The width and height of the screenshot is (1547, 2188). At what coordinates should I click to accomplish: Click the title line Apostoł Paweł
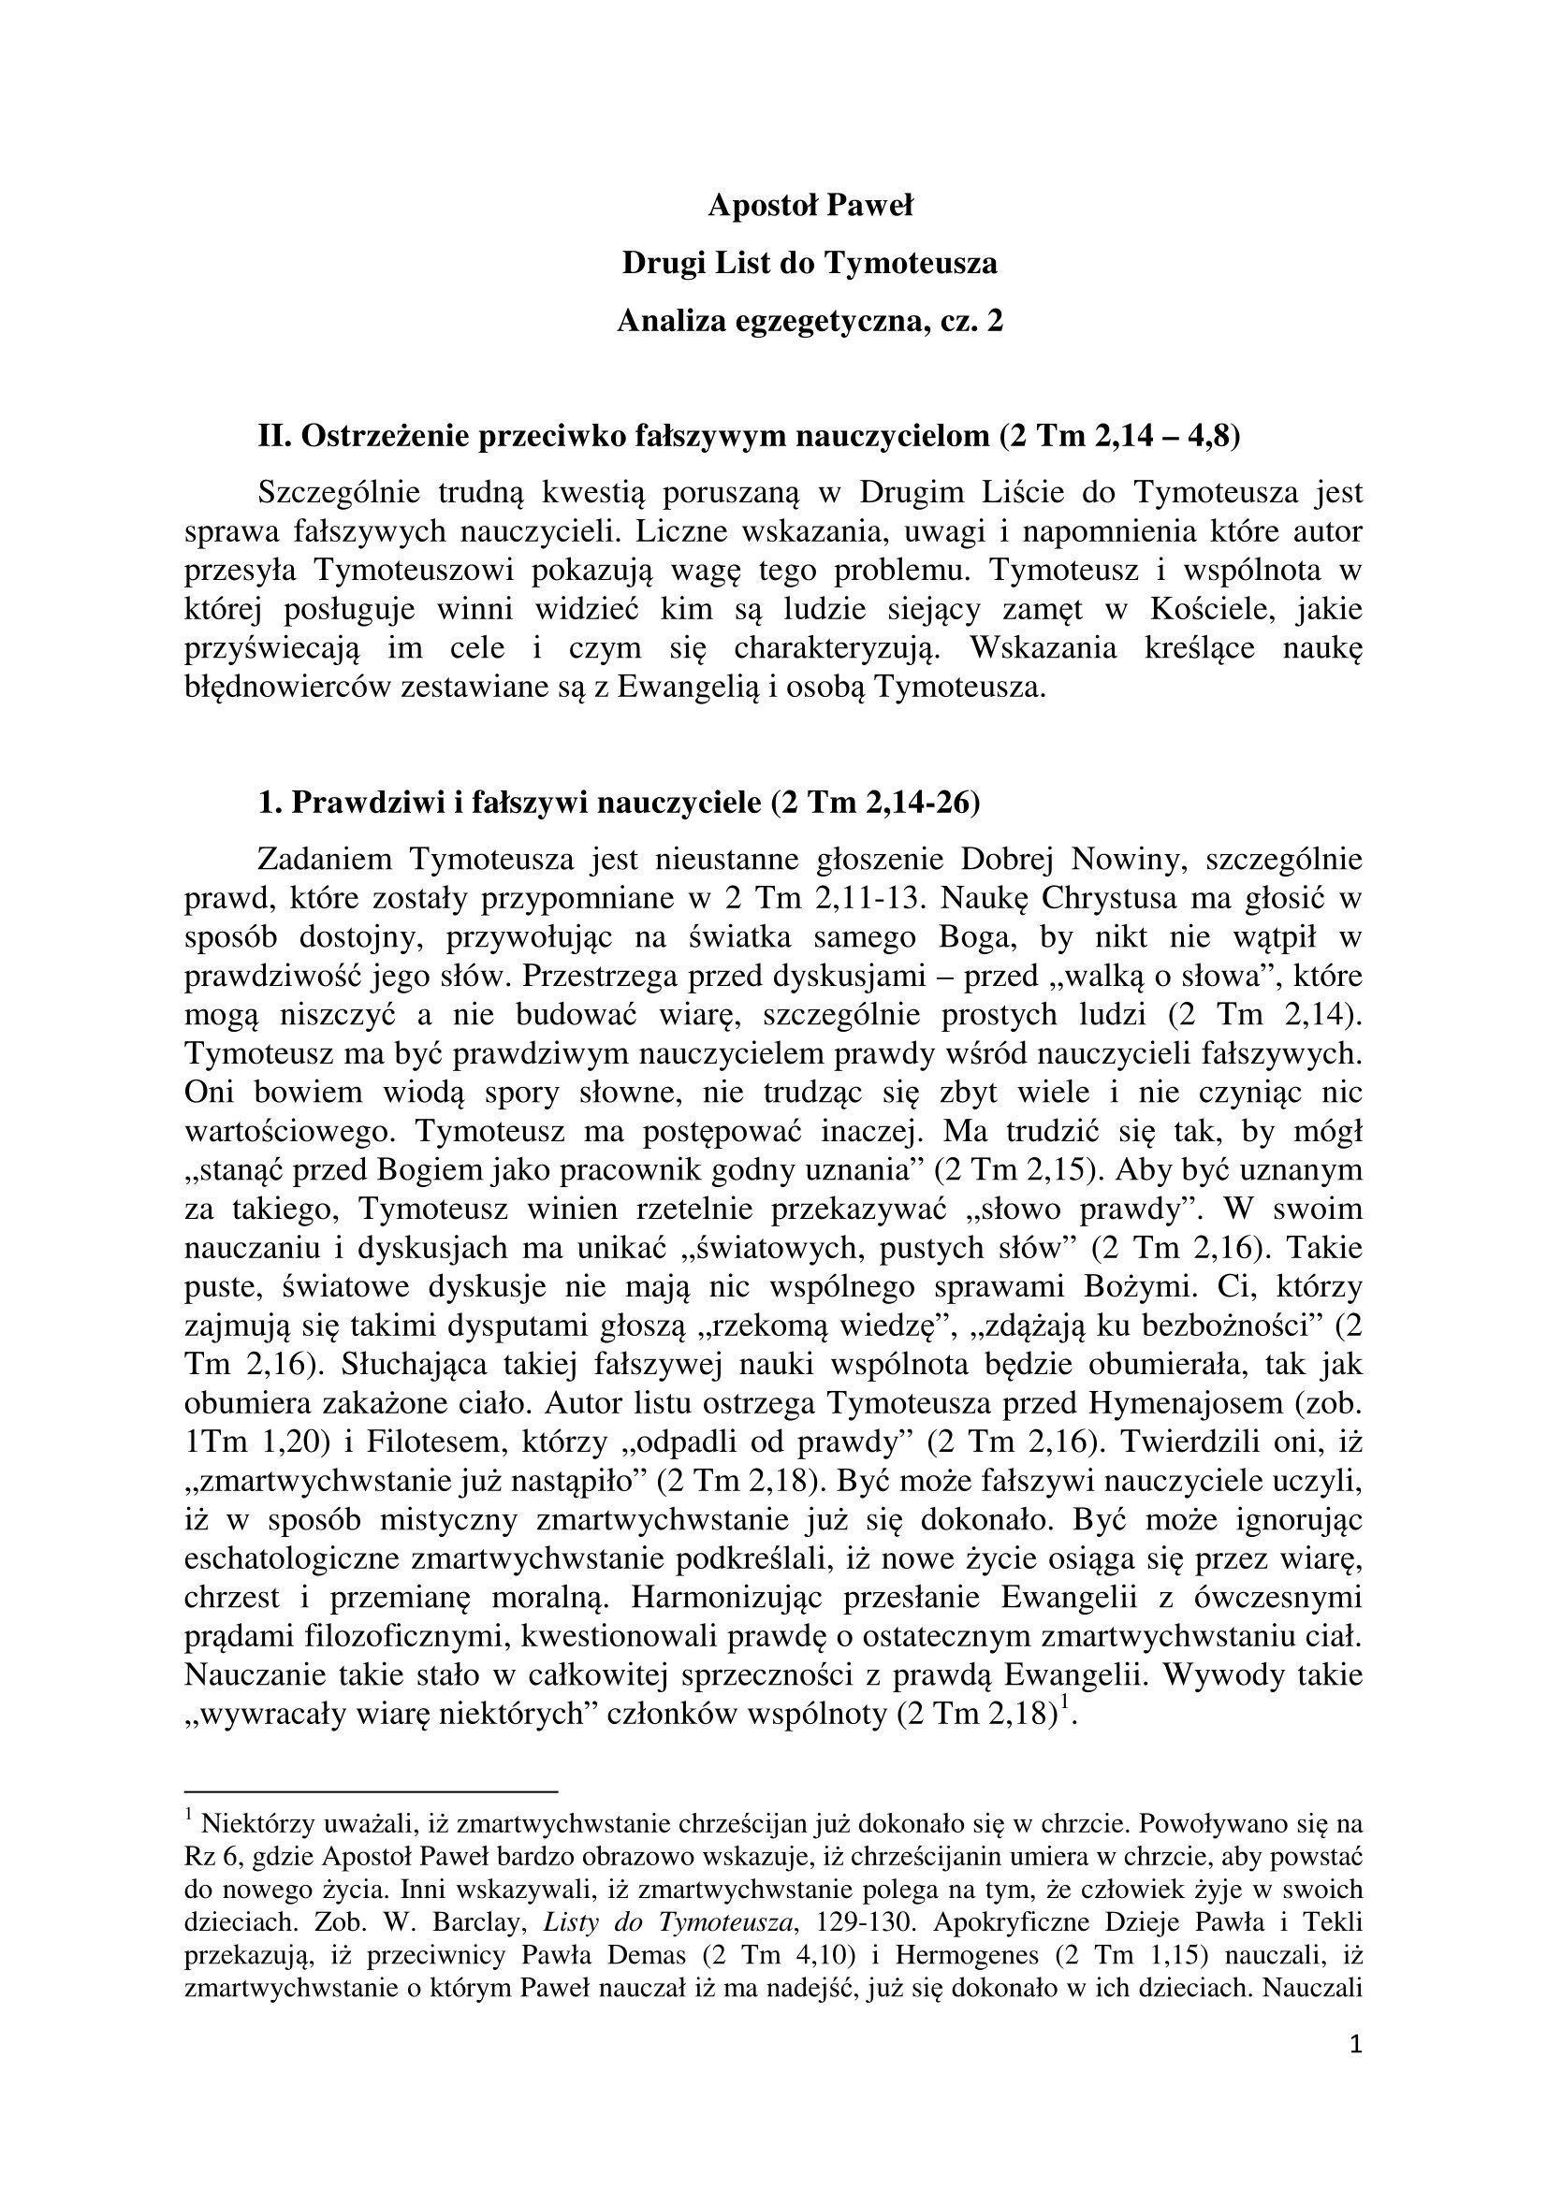tap(810, 205)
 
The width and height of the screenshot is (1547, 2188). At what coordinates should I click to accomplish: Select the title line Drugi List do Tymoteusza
tap(810, 262)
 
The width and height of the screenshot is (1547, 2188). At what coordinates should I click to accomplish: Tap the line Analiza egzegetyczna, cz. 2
tap(810, 321)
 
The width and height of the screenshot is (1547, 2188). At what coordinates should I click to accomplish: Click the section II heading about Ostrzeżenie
tap(750, 436)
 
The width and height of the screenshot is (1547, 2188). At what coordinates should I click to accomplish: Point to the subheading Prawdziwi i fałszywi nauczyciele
tap(619, 803)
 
